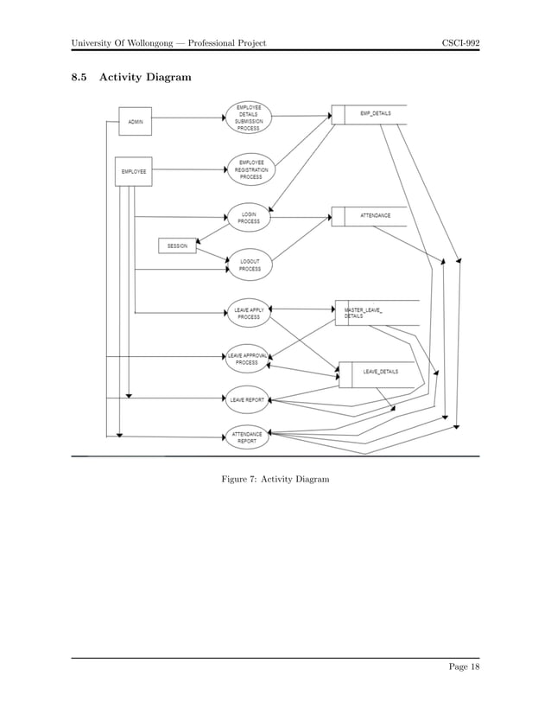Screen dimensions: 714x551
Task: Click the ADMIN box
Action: [x=136, y=122]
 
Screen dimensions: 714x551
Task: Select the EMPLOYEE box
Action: [x=134, y=171]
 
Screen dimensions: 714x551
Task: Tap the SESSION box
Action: [x=177, y=246]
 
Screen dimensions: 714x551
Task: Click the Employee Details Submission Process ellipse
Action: [x=249, y=118]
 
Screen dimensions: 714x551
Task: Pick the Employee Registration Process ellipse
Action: [x=250, y=169]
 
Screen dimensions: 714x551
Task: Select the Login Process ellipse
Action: [x=249, y=218]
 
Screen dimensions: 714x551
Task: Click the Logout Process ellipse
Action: [x=250, y=265]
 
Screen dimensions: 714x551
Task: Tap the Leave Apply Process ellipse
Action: [x=249, y=313]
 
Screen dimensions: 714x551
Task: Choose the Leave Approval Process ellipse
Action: [x=249, y=359]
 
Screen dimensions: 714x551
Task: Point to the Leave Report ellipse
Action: [x=248, y=399]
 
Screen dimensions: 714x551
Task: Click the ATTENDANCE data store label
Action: [x=375, y=215]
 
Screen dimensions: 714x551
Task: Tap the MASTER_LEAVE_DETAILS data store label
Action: [x=364, y=312]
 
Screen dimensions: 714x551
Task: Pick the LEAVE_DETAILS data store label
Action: [x=380, y=372]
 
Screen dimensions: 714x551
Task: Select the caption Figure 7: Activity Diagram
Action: [x=275, y=478]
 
